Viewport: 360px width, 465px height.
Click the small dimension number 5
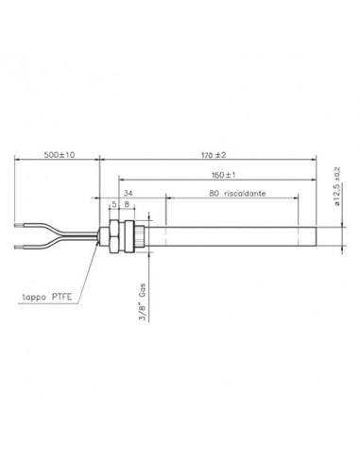point(115,203)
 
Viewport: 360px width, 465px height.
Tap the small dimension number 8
point(127,203)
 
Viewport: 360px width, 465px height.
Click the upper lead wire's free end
point(21,227)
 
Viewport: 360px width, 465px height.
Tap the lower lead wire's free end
point(21,249)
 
